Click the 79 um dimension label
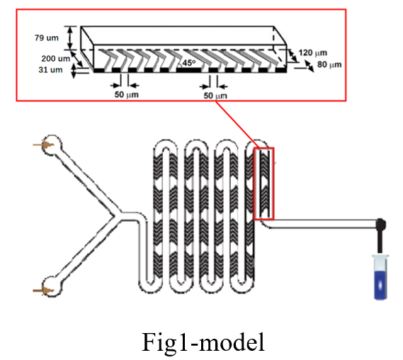(47, 38)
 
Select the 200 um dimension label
(56, 58)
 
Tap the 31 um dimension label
(50, 69)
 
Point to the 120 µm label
(312, 52)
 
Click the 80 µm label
(329, 64)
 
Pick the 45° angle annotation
(189, 62)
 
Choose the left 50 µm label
(127, 94)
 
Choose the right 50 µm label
(215, 96)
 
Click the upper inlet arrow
(43, 145)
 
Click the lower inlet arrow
(43, 291)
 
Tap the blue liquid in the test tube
(380, 285)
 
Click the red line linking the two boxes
(234, 125)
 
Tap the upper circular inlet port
(52, 145)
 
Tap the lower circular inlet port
(52, 286)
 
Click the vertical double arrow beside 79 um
(70, 38)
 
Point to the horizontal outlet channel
(322, 223)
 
